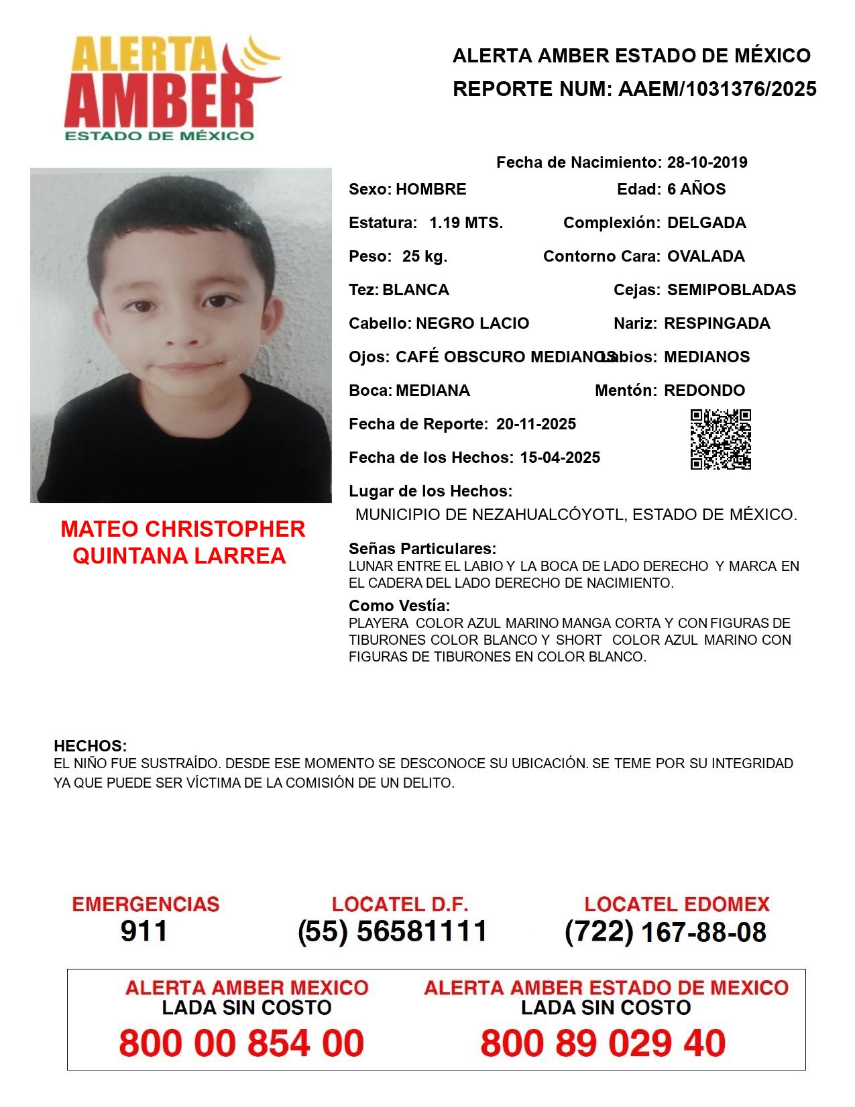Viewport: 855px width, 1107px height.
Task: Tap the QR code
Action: [x=720, y=439]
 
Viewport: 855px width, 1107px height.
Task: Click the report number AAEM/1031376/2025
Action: [x=717, y=89]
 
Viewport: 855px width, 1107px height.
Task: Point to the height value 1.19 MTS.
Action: [x=466, y=223]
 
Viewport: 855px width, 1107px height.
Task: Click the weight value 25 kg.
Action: [x=424, y=256]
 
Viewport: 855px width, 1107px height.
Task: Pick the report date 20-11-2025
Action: [x=536, y=424]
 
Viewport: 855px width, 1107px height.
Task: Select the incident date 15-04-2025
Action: [x=560, y=458]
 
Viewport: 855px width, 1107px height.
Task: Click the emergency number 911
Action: [x=144, y=931]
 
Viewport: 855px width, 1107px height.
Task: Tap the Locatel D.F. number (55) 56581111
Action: [x=392, y=931]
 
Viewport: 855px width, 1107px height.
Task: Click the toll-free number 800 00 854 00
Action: [x=241, y=1043]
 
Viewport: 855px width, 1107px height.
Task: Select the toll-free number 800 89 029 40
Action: [x=603, y=1043]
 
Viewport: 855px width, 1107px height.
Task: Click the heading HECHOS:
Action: [x=91, y=746]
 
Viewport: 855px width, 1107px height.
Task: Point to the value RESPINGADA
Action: [x=717, y=323]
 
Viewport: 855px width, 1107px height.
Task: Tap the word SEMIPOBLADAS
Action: [x=732, y=290]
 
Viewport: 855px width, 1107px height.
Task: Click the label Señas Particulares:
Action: [x=422, y=549]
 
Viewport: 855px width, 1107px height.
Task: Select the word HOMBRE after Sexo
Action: [x=431, y=189]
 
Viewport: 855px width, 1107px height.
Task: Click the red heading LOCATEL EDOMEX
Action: [x=677, y=904]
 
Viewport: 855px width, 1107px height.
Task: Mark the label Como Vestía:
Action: [x=399, y=606]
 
